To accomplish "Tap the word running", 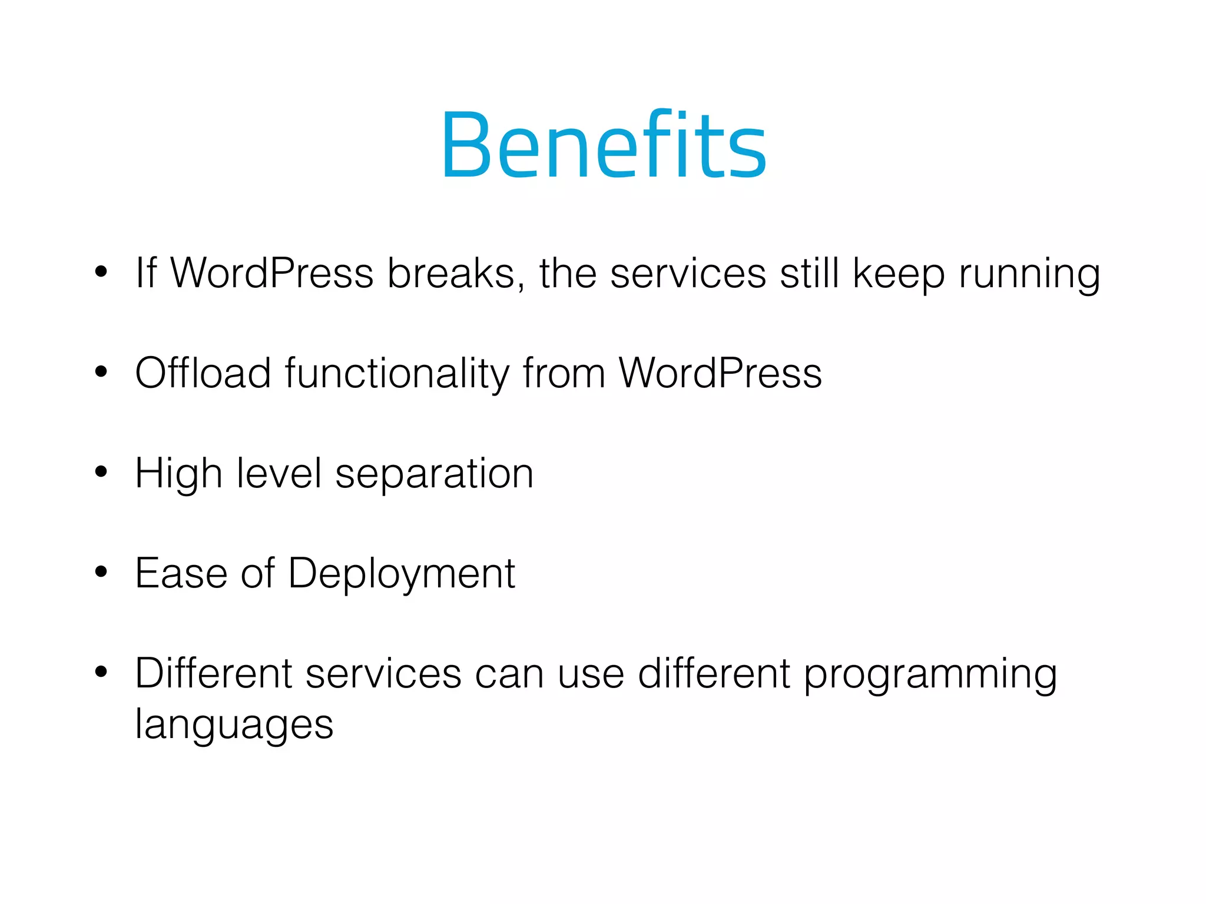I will (1029, 274).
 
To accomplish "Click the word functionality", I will (397, 374).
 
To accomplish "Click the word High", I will (178, 474).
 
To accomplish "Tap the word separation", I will (434, 474).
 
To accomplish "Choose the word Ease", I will (181, 573).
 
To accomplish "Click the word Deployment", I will (402, 574).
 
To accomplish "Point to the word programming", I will (930, 674).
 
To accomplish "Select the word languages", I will (234, 725).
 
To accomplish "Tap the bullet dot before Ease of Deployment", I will (101, 571).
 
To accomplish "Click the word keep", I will (899, 274).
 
